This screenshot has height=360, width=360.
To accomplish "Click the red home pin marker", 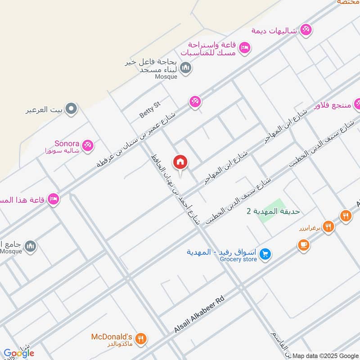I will coord(180,162).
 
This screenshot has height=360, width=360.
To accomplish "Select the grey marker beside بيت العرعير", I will coord(71,108).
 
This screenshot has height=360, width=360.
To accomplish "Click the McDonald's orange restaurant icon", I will coord(141,339).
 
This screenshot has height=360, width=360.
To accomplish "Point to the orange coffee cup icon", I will coord(303,245).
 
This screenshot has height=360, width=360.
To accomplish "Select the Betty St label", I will coord(149,110).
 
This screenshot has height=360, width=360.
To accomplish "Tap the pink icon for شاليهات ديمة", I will coord(306,30).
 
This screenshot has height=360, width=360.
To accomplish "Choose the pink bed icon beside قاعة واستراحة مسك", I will coord(244,47).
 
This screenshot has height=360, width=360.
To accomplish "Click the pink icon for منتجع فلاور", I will coord(358,105).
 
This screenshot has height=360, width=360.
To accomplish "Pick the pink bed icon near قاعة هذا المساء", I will coord(54,198).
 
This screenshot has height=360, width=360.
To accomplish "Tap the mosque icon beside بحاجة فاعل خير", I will coord(185,68).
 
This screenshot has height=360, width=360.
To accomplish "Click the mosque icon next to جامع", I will coord(31,246).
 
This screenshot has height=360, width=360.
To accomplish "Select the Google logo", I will coord(18,353).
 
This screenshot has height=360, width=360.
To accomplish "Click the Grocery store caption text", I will coord(238,259).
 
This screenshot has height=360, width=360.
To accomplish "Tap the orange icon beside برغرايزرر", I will coord(329,227).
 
